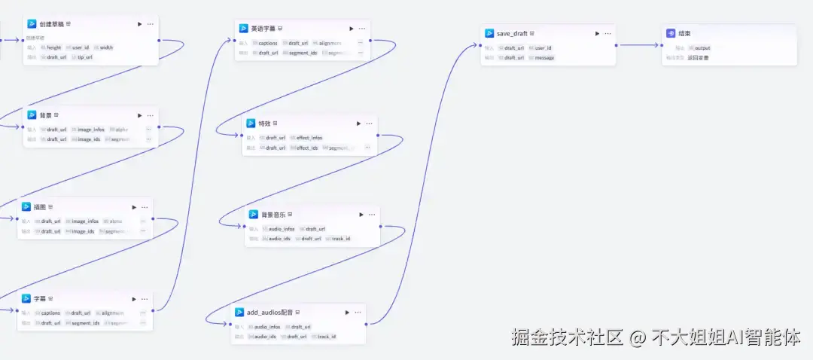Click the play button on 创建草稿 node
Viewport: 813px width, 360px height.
[139, 24]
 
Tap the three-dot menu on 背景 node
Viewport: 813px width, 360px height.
[151, 115]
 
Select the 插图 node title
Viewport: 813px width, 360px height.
[39, 207]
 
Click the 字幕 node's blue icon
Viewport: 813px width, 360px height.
[26, 299]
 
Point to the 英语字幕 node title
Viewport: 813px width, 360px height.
[263, 28]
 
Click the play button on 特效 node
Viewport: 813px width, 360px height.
[358, 124]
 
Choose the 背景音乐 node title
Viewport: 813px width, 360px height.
[273, 214]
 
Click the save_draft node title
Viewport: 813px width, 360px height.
[512, 33]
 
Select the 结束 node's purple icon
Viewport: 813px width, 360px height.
[671, 33]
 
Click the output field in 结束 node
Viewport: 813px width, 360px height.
[702, 48]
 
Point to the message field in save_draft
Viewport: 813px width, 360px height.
[544, 58]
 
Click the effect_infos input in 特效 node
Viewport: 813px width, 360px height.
[309, 138]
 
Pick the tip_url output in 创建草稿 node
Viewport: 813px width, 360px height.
[84, 57]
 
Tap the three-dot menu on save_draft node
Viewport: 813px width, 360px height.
[608, 33]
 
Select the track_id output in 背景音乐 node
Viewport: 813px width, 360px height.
[340, 239]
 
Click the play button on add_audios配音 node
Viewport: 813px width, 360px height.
[347, 312]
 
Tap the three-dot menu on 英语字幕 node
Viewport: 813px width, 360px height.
[362, 28]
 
